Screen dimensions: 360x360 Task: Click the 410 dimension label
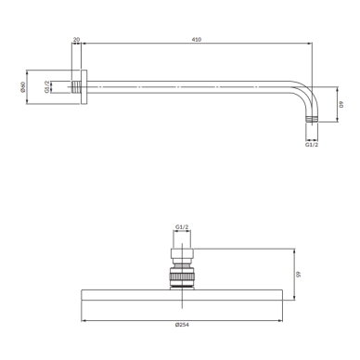197,39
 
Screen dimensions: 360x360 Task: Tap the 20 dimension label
76,39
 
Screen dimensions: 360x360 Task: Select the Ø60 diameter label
22,87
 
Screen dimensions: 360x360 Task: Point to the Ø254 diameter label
182,325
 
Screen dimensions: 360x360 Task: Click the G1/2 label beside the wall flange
46,87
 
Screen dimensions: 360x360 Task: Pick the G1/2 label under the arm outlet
312,145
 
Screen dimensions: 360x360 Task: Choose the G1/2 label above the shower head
182,227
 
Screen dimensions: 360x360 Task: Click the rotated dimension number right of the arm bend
341,104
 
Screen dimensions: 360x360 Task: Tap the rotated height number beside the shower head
298,275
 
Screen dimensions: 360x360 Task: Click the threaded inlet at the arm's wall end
76,87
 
